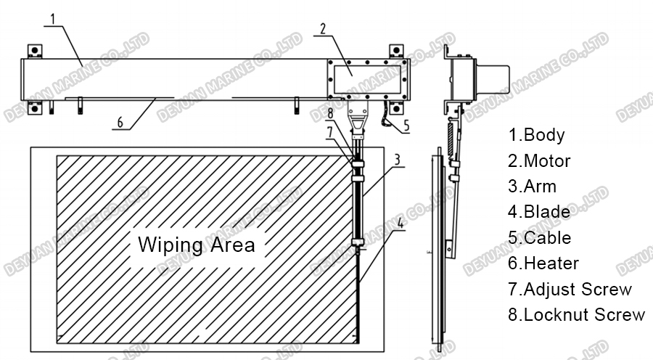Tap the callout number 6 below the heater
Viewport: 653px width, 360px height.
click(119, 122)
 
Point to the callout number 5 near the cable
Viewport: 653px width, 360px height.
click(406, 125)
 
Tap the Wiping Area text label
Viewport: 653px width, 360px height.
click(196, 244)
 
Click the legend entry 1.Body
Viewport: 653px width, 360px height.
click(536, 134)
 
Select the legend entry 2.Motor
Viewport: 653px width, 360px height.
click(539, 160)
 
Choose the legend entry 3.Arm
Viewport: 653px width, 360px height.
click(532, 187)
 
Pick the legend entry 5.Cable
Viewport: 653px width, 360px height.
click(539, 238)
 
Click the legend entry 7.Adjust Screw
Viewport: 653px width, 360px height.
click(570, 290)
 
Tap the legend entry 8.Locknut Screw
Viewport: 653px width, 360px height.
click(576, 315)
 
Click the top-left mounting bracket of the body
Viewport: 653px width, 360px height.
click(34, 52)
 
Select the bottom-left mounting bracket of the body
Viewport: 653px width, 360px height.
click(34, 109)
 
